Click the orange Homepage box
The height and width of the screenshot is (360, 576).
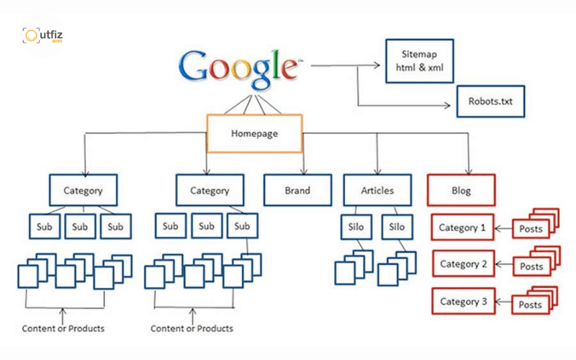pyautogui.click(x=255, y=133)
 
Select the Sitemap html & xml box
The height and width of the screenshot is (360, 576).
pyautogui.click(x=420, y=61)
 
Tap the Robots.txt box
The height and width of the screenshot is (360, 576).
pyautogui.click(x=490, y=102)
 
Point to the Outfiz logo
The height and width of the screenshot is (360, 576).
pyautogui.click(x=42, y=35)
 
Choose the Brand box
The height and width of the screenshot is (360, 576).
pyautogui.click(x=297, y=190)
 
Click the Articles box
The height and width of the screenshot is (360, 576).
pyautogui.click(x=377, y=190)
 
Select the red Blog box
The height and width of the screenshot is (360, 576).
pyautogui.click(x=461, y=190)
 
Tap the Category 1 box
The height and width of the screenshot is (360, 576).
pyautogui.click(x=462, y=228)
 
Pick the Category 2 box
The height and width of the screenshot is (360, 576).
pyautogui.click(x=463, y=264)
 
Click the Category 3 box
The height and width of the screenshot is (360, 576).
pyautogui.click(x=463, y=301)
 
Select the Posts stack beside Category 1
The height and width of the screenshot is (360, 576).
pyautogui.click(x=536, y=223)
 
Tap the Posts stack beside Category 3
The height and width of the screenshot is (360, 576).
pyautogui.click(x=535, y=300)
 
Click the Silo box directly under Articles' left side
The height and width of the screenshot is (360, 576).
pyautogui.click(x=356, y=227)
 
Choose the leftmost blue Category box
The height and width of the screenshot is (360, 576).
pyautogui.click(x=83, y=190)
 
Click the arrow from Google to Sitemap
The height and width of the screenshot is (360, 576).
pyautogui.click(x=346, y=66)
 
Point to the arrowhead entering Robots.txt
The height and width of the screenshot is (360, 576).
pyautogui.click(x=447, y=106)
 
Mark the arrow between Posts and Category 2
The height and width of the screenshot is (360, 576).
pyautogui.click(x=504, y=264)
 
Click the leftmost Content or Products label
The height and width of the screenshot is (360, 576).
pyautogui.click(x=63, y=328)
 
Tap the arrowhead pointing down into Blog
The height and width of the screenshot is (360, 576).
pyautogui.click(x=469, y=171)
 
